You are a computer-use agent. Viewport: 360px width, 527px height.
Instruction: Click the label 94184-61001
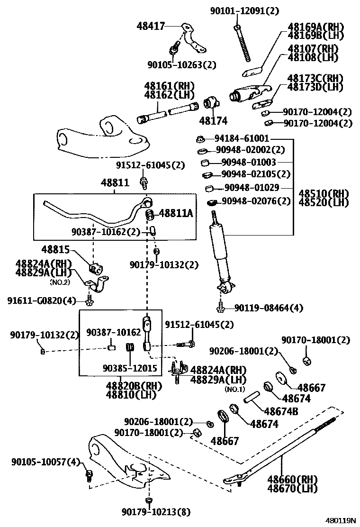(x=242, y=138)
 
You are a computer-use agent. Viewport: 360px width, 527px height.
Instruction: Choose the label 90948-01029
(x=252, y=188)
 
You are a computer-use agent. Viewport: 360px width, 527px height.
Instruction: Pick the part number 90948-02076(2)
(x=256, y=201)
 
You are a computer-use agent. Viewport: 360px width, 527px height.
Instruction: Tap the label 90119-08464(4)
(x=268, y=308)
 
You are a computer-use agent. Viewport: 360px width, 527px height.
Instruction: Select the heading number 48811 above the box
(x=114, y=182)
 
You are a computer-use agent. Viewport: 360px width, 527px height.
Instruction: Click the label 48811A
(x=176, y=214)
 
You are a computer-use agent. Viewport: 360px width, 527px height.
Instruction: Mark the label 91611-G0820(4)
(x=41, y=300)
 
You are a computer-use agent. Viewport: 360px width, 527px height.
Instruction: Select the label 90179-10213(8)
(x=156, y=511)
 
